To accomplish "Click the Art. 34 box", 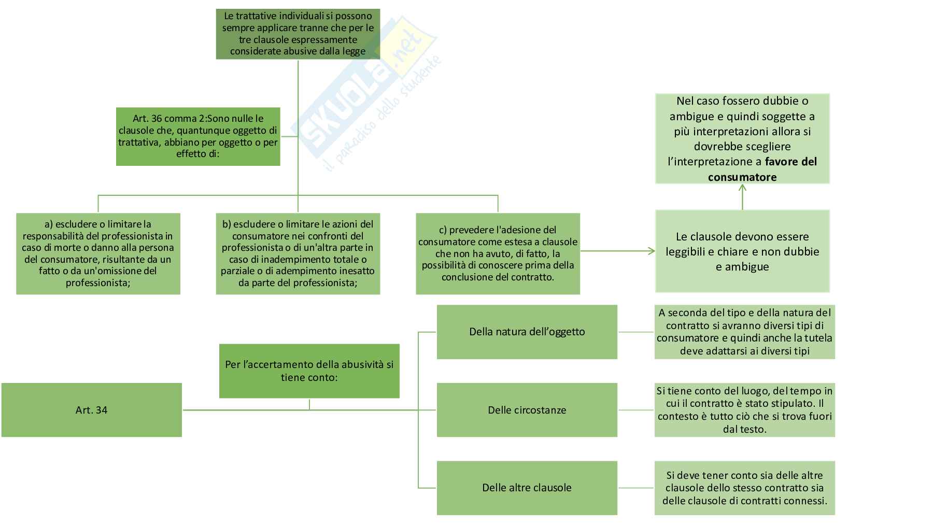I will click(91, 410).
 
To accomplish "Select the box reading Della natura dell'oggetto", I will click(527, 332).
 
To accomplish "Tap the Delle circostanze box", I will click(527, 410).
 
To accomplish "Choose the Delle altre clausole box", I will click(527, 488).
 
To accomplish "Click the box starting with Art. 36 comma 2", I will click(197, 137).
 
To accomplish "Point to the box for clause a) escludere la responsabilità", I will click(98, 253).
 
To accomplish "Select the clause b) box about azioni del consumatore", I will click(298, 253).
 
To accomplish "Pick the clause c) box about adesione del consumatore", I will click(498, 253).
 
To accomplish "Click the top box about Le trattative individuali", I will click(298, 34).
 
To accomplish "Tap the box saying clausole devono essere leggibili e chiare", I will click(742, 251).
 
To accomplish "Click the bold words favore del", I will click(790, 162).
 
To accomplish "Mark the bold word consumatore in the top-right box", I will click(742, 177).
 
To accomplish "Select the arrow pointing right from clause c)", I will click(617, 251).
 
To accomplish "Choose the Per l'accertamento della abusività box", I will click(309, 371).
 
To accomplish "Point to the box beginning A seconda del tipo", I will click(744, 332).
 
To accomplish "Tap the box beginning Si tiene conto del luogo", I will click(744, 410).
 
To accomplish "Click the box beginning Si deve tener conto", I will click(744, 488).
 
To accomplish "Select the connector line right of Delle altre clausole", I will click(636, 488).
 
